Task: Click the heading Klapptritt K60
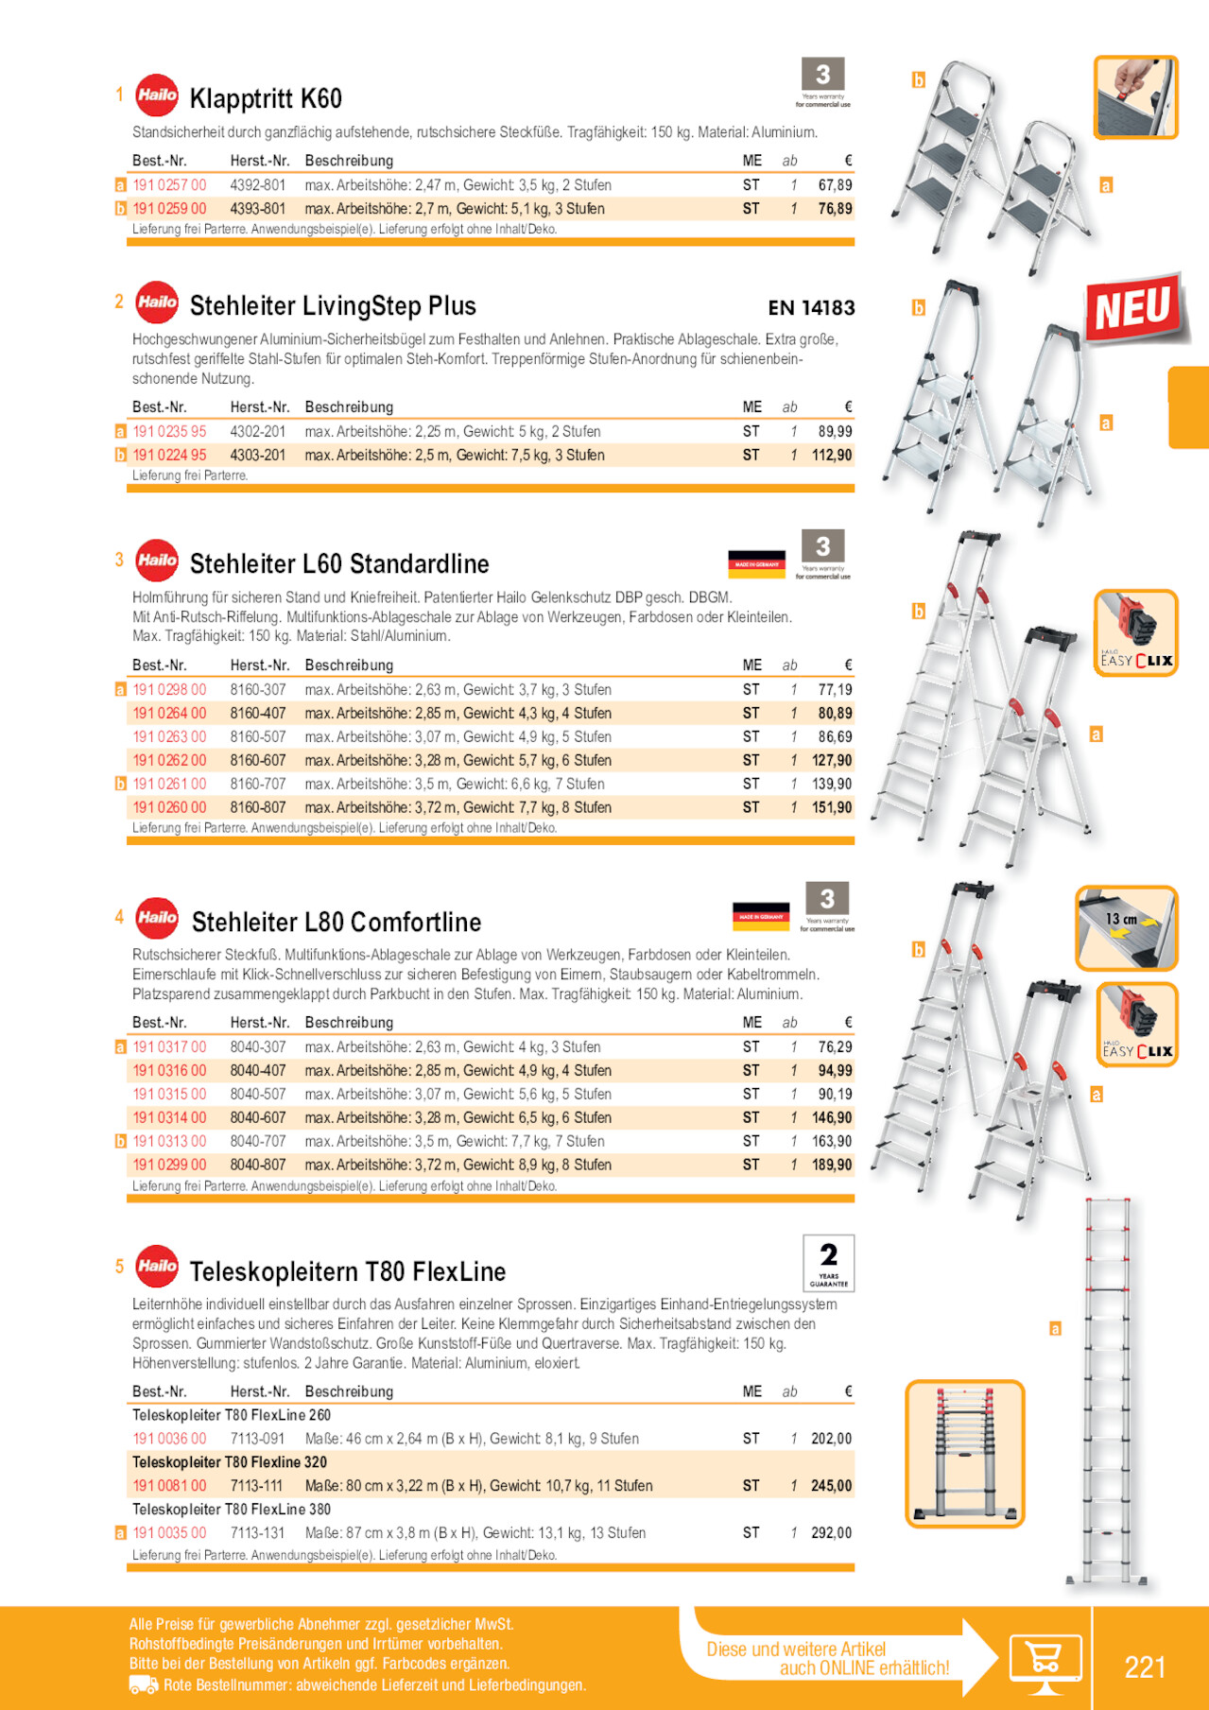click(266, 98)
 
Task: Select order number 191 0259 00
click(169, 209)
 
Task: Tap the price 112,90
click(832, 456)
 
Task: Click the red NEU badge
click(1132, 308)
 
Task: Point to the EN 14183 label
click(811, 308)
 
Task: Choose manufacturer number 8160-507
click(258, 737)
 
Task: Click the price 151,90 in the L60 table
click(832, 808)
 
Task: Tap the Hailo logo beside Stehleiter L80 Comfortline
click(157, 918)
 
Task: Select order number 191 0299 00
click(169, 1166)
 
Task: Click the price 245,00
click(832, 1486)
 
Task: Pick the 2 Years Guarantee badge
click(828, 1263)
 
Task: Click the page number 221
click(1145, 1667)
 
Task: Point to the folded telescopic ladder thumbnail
click(964, 1454)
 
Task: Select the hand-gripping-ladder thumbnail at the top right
click(1135, 97)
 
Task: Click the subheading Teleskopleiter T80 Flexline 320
click(230, 1462)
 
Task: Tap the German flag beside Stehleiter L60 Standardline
click(756, 563)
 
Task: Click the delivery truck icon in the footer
click(144, 1685)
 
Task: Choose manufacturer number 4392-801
click(258, 185)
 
